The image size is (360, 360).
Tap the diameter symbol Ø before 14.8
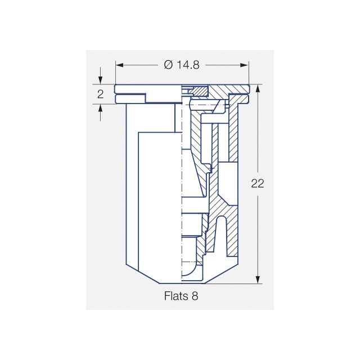[168, 65]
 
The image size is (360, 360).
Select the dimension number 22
[258, 184]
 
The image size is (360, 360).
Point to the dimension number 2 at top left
[101, 94]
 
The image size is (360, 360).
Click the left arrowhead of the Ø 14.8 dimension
[119, 65]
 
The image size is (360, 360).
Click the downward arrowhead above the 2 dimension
[101, 80]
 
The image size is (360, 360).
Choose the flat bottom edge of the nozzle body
[181, 283]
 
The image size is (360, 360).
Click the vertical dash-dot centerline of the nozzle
[182, 186]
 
